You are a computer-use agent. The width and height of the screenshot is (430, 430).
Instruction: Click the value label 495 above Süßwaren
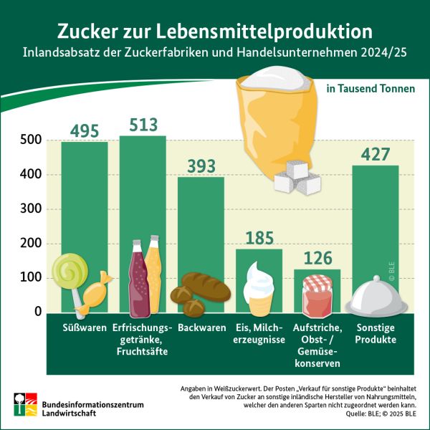coord(84,130)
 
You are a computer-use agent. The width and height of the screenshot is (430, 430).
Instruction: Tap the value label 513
coord(143,125)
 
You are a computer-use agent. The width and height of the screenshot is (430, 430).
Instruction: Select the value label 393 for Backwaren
coord(201,166)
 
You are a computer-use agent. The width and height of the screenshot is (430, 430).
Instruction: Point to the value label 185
coord(259,238)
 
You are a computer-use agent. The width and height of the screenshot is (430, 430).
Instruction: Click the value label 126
coord(317,258)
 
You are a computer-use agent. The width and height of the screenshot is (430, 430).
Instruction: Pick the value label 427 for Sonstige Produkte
coord(376,155)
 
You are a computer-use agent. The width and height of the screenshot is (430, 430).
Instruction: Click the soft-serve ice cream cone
coord(259,282)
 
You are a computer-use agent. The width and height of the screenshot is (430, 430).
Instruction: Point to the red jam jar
coord(317,291)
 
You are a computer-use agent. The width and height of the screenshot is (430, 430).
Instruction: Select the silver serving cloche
coord(375,297)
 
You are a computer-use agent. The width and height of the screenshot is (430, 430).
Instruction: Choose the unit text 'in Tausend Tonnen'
coord(371,90)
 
